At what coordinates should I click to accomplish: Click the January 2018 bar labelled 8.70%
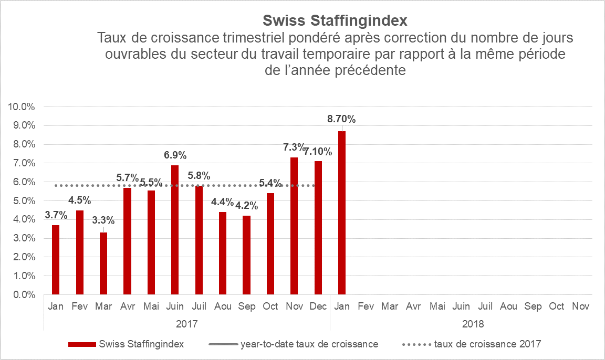pyautogui.click(x=342, y=213)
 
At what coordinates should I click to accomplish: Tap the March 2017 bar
pyautogui.click(x=103, y=263)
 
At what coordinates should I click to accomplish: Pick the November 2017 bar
pyautogui.click(x=294, y=226)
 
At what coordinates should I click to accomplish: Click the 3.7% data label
pyautogui.click(x=56, y=215)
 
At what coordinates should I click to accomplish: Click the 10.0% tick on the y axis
pyautogui.click(x=22, y=107)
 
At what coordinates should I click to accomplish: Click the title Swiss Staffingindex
pyautogui.click(x=335, y=21)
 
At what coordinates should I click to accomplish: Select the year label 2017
pyautogui.click(x=187, y=323)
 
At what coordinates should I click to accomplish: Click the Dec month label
pyautogui.click(x=318, y=306)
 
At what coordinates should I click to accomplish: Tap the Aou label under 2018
pyautogui.click(x=509, y=306)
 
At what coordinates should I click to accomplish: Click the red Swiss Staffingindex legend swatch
pyautogui.click(x=82, y=344)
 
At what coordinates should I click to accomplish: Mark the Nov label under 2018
pyautogui.click(x=580, y=306)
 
